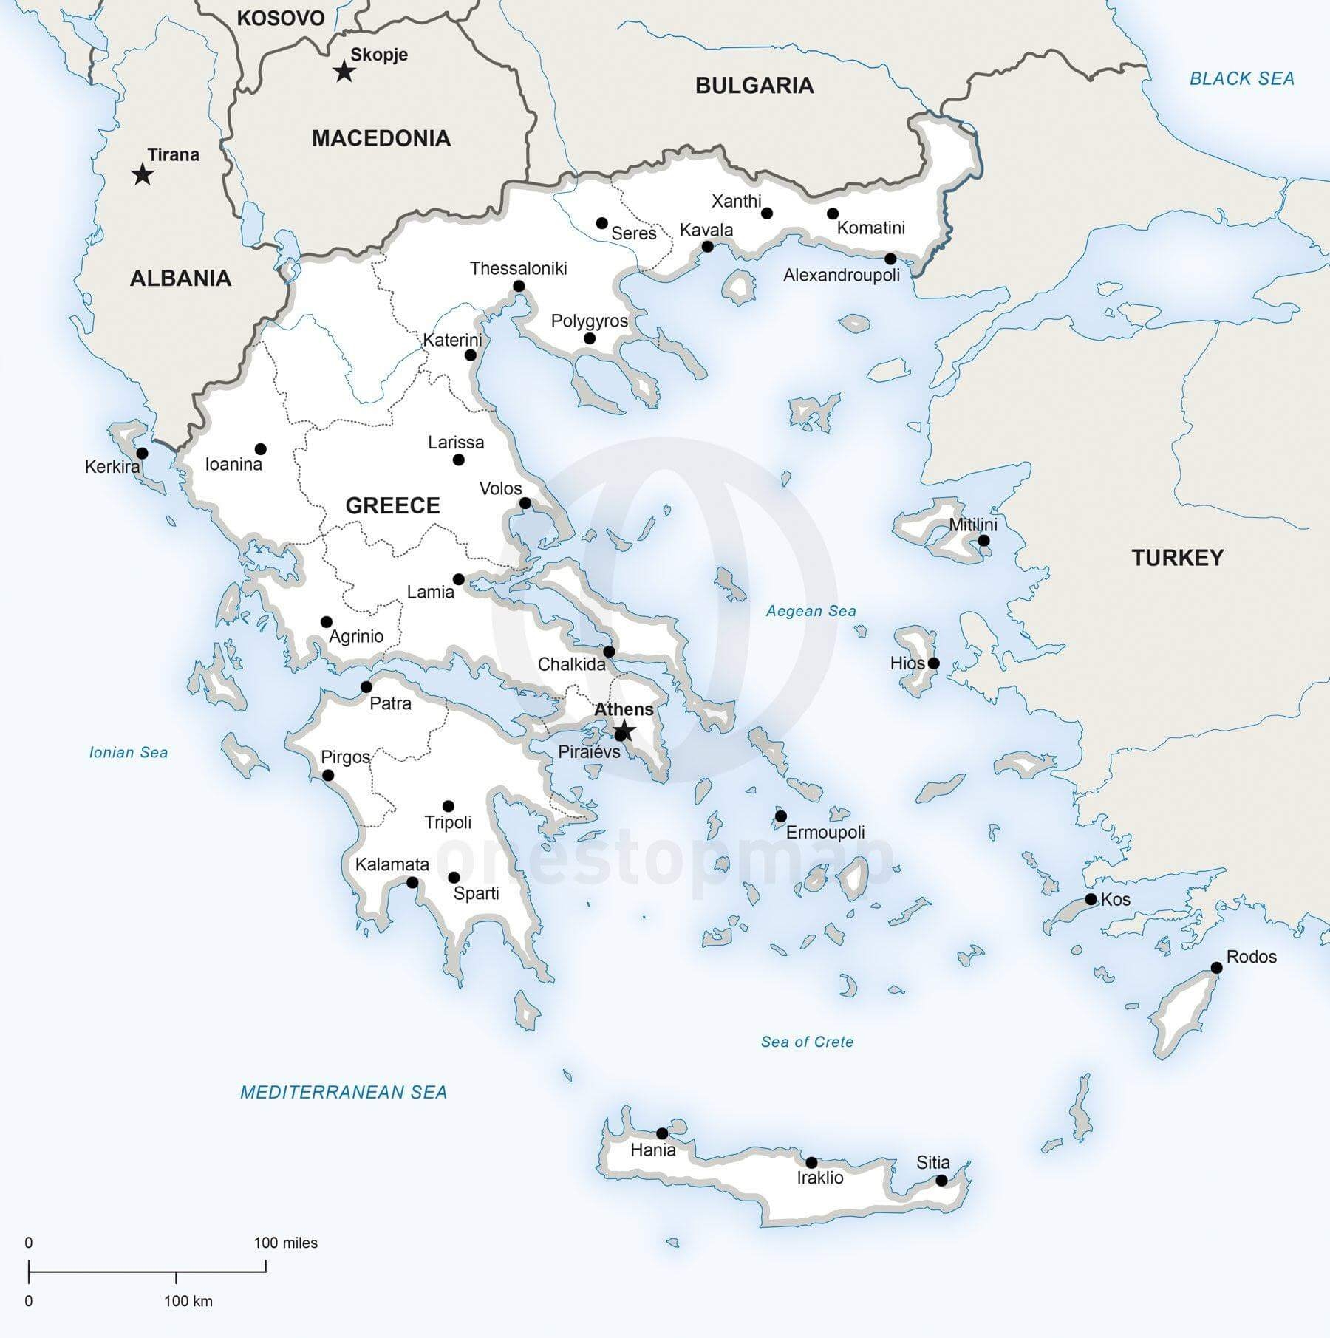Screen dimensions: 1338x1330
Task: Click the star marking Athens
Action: click(624, 731)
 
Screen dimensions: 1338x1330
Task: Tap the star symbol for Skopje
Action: click(344, 72)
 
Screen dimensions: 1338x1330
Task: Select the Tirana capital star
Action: click(142, 175)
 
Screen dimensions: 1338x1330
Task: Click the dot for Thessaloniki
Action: click(519, 287)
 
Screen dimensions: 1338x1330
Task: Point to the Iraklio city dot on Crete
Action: click(811, 1163)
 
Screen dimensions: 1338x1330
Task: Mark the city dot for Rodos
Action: click(1217, 968)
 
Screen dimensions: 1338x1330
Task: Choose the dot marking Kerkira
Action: click(142, 453)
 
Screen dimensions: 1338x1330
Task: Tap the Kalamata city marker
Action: click(412, 882)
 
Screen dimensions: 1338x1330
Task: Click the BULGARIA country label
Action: click(754, 86)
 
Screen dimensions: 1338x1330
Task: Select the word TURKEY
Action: click(1178, 558)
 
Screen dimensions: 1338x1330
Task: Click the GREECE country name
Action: click(392, 505)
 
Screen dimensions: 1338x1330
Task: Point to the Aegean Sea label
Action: click(811, 611)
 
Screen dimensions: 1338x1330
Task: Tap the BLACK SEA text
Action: click(1241, 78)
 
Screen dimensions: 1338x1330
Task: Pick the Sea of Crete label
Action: click(807, 1042)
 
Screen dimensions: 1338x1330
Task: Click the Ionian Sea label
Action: click(129, 752)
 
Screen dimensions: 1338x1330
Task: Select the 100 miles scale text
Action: click(285, 1243)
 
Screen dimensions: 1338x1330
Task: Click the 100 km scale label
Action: click(188, 1301)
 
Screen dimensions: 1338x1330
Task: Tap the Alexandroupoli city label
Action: click(842, 276)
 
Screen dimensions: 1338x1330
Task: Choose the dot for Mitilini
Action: click(983, 541)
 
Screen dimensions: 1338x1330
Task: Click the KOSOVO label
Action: click(280, 18)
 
